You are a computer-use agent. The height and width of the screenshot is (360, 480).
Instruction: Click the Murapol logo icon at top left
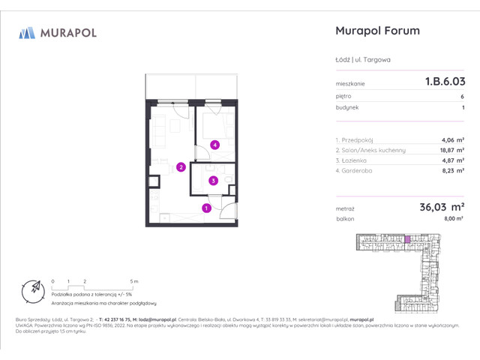coord(27,32)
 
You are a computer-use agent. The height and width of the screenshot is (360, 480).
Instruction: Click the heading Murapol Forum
coord(376,31)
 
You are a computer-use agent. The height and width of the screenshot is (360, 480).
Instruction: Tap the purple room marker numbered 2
coord(181,167)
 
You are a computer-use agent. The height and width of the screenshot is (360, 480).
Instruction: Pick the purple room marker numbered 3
coord(213,180)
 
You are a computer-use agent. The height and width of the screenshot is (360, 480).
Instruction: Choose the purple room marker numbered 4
coord(214,145)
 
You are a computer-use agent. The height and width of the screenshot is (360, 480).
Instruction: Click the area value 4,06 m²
coord(453,139)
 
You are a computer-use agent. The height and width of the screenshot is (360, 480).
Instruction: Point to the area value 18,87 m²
coord(451,150)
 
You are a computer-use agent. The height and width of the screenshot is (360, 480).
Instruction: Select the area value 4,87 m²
coord(453,160)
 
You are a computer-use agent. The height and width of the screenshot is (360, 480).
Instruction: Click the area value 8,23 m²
coord(453,171)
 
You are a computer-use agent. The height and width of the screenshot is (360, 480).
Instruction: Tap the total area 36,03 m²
coord(441,206)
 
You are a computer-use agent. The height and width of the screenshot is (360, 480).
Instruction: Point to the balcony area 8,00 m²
coord(454,218)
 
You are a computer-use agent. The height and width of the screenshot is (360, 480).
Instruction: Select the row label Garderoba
coord(355,171)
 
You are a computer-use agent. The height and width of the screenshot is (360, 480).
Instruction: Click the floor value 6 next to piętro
coord(462,96)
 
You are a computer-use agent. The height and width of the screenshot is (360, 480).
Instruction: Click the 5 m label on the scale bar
coord(134,281)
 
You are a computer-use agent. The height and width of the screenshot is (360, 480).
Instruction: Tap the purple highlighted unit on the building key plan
coord(408,239)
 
